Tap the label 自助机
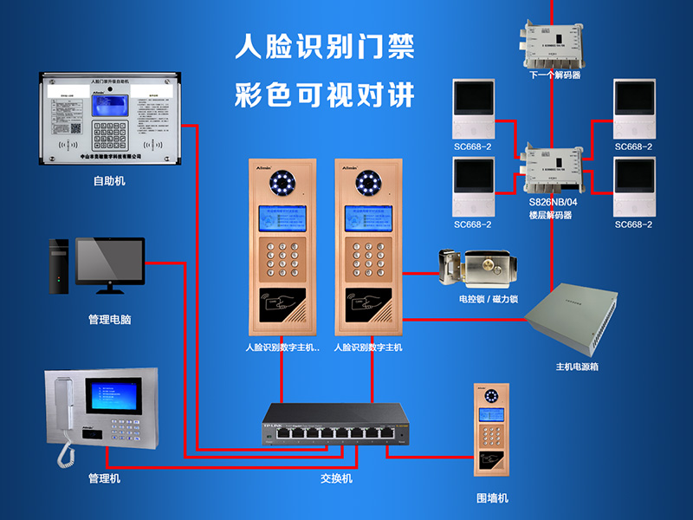coord(110,181)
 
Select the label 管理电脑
coord(110,319)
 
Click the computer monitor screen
coord(109,259)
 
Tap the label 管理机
coord(105,478)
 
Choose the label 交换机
coord(336,478)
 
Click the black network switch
coord(333,425)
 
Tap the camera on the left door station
coord(281,183)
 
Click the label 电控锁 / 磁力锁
coord(489,299)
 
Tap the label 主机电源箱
coord(577,367)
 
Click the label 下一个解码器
coord(554,75)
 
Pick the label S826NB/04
coord(554,202)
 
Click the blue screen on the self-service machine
coord(110,104)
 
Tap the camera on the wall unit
coord(492,397)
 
